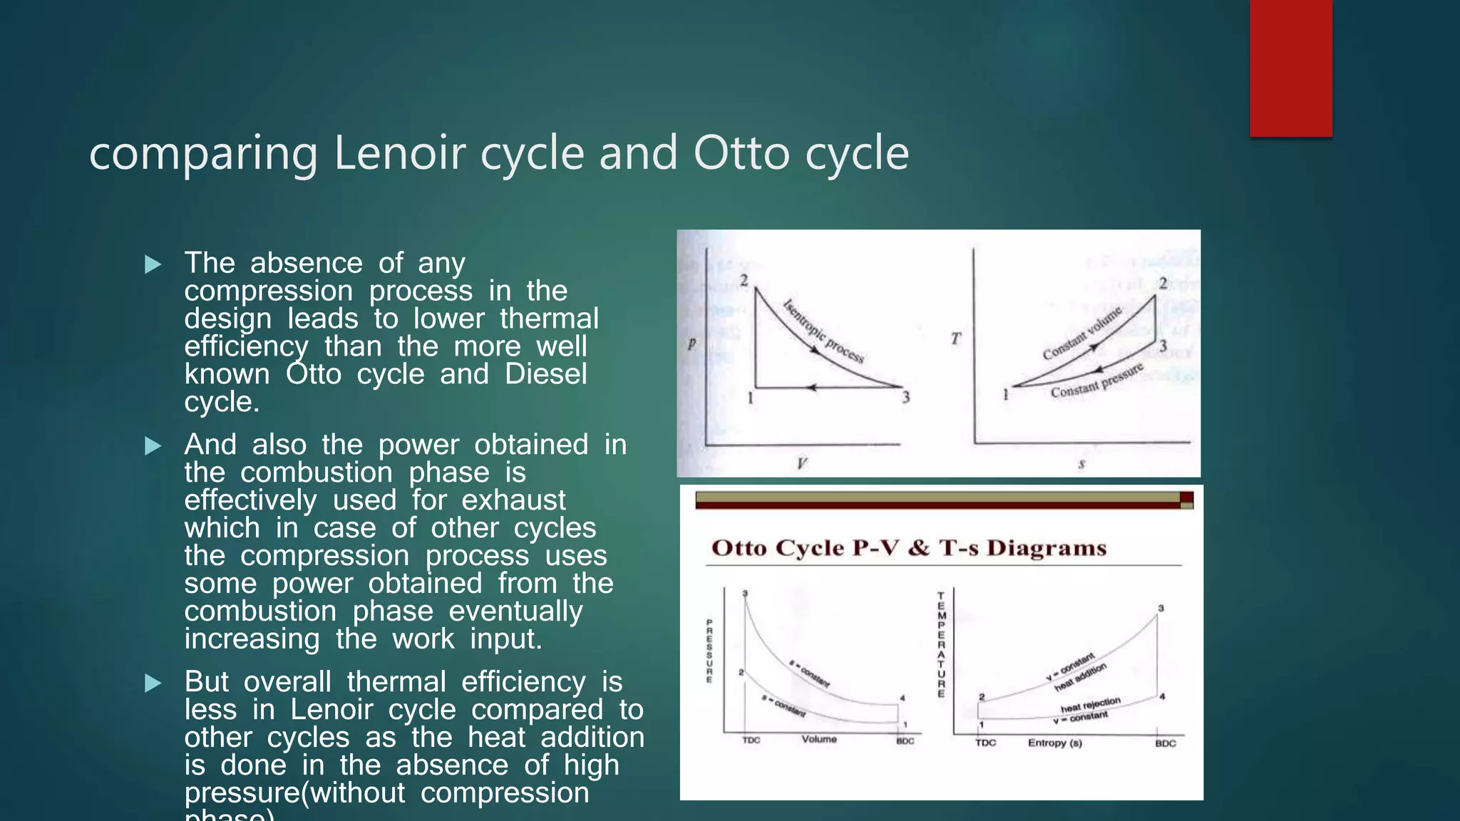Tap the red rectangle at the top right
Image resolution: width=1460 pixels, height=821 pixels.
coord(1290,68)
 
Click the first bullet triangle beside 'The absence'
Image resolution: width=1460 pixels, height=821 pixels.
coord(153,264)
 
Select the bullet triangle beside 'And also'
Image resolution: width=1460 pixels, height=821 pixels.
coord(153,446)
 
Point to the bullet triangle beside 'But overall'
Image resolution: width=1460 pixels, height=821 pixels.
coord(153,683)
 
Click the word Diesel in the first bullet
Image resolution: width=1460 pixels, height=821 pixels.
coord(545,374)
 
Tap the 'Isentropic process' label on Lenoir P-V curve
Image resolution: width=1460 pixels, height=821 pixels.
coord(823,331)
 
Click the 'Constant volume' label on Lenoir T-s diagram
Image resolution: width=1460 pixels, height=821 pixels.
coord(1082,332)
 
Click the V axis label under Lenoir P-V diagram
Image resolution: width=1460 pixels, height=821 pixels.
coord(801,464)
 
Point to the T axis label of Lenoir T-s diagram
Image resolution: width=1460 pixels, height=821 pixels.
coord(956,339)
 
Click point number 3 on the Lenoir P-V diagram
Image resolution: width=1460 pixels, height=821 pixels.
coord(905,398)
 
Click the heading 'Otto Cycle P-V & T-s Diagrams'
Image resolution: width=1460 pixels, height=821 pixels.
coord(909,548)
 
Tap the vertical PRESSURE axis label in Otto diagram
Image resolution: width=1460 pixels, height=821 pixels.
coord(709,651)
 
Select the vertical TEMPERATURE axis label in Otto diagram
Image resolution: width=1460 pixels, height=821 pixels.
coord(941,644)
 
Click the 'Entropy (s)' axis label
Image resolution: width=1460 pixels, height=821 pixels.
coord(1054,743)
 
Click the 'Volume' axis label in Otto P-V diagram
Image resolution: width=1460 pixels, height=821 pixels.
coord(819,739)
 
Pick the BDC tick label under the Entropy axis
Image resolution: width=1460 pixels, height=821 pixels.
coord(1165,743)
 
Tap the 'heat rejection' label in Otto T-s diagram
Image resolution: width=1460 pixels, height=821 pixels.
coord(1090,704)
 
